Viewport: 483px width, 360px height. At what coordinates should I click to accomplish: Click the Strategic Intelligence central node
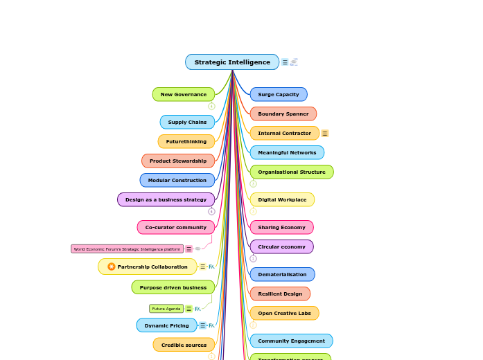pos(232,62)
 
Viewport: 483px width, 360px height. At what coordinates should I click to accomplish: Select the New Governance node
pos(184,94)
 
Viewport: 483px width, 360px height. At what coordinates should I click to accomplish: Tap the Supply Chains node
pos(187,122)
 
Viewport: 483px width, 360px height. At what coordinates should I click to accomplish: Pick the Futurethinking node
pos(186,141)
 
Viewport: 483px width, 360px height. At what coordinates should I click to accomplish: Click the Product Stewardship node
pos(178,161)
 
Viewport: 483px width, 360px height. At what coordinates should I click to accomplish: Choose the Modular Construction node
pos(177,180)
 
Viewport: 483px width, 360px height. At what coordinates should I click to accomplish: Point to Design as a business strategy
pos(166,199)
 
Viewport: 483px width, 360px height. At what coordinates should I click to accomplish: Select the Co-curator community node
pos(176,227)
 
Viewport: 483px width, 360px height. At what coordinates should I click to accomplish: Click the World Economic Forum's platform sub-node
pos(127,249)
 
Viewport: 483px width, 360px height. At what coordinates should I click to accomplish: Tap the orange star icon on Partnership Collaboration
pos(111,267)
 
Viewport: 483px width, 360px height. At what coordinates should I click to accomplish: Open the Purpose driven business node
pos(173,287)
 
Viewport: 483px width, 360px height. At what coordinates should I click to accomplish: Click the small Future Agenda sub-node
pos(166,309)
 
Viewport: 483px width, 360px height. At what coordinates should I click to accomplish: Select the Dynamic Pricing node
pos(166,325)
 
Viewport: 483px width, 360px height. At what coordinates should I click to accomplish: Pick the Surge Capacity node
pos(279,94)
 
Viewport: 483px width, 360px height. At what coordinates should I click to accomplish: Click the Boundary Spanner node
pos(283,114)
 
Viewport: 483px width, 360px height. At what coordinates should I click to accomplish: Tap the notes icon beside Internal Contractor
pos(325,134)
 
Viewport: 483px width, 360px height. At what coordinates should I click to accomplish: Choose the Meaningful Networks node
pos(287,152)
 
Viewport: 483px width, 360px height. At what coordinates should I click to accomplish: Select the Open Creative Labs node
pos(284,313)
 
